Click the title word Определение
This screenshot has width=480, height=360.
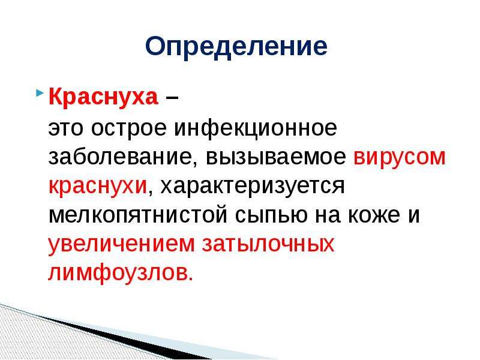click(236, 47)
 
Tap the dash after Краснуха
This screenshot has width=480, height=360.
click(172, 98)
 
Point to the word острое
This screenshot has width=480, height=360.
click(128, 129)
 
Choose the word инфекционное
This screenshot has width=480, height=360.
click(256, 128)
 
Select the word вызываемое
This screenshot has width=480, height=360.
click(276, 157)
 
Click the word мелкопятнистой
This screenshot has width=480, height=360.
click(138, 216)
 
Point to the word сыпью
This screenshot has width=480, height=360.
click(271, 216)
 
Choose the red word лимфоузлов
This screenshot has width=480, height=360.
click(121, 272)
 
